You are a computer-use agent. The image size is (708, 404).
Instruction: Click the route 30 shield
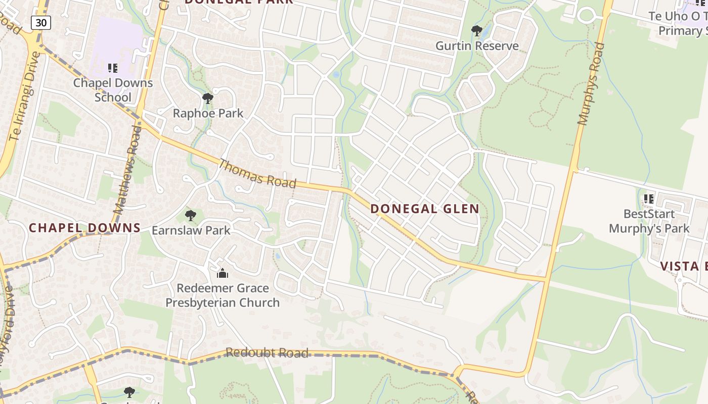pyautogui.click(x=40, y=22)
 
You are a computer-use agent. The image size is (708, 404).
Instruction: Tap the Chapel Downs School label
pyautogui.click(x=113, y=90)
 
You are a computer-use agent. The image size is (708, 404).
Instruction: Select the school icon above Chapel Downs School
pyautogui.click(x=113, y=68)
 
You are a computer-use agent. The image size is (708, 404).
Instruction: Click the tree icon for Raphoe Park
pyautogui.click(x=207, y=98)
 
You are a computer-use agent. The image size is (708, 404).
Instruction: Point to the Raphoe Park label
pyautogui.click(x=208, y=114)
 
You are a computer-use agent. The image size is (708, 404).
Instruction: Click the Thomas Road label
pyautogui.click(x=257, y=173)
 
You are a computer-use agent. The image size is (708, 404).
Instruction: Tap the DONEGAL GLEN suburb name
pyautogui.click(x=425, y=209)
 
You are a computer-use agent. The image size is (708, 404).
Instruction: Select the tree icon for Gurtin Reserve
pyautogui.click(x=476, y=31)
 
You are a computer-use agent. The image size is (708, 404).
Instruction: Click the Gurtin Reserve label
pyautogui.click(x=477, y=46)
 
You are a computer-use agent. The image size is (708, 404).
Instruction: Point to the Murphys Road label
pyautogui.click(x=591, y=84)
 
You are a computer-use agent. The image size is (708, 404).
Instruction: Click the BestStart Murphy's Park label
pyautogui.click(x=649, y=221)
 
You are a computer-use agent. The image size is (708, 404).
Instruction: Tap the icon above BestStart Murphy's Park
pyautogui.click(x=649, y=199)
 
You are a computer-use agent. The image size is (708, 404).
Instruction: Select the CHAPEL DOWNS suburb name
pyautogui.click(x=84, y=228)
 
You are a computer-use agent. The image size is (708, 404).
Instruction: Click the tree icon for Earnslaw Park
pyautogui.click(x=191, y=216)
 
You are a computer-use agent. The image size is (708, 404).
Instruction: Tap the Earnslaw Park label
pyautogui.click(x=191, y=231)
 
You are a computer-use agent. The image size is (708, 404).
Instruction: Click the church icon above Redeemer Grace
pyautogui.click(x=223, y=273)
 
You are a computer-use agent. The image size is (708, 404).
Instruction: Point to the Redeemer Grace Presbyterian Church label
pyautogui.click(x=223, y=295)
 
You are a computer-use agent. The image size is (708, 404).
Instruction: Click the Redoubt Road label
pyautogui.click(x=267, y=352)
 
